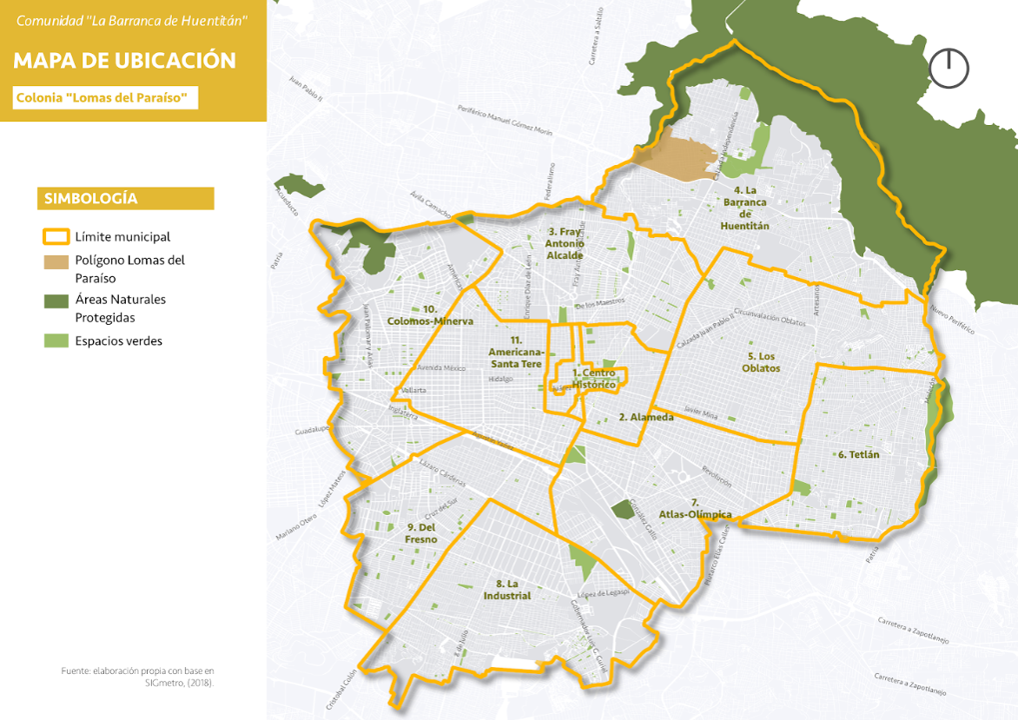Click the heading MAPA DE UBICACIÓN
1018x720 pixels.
click(x=125, y=60)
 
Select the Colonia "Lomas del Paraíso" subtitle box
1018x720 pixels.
click(x=106, y=97)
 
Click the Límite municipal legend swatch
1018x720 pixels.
click(x=55, y=237)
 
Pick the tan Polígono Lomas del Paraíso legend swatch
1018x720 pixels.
click(x=55, y=261)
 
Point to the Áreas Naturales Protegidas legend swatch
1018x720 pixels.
click(x=55, y=300)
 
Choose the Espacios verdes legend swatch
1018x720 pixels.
click(x=55, y=341)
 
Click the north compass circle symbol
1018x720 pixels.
click(x=948, y=68)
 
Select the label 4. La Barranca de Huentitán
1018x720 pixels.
click(x=745, y=208)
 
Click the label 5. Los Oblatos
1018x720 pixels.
click(x=763, y=362)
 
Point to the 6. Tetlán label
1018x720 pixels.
click(x=858, y=454)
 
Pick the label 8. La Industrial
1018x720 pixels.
click(x=506, y=589)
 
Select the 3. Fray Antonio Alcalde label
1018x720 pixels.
click(x=564, y=243)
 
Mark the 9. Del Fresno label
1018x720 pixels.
click(x=422, y=533)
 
